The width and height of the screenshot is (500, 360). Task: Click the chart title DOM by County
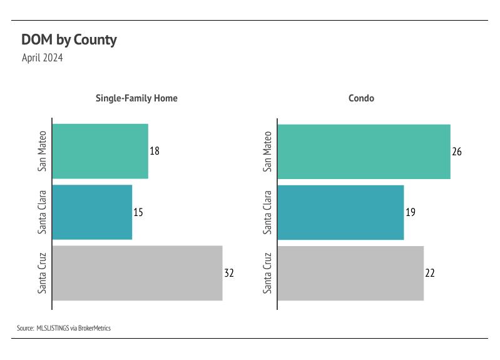pyautogui.click(x=69, y=40)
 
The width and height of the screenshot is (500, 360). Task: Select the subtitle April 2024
pyautogui.click(x=42, y=58)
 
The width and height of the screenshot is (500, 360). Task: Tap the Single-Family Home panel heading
pyautogui.click(x=136, y=98)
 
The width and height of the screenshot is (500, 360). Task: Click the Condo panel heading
pyautogui.click(x=361, y=98)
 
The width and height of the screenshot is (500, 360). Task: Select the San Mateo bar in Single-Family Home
pyautogui.click(x=100, y=151)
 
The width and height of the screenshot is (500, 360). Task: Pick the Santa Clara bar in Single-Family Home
pyautogui.click(x=92, y=212)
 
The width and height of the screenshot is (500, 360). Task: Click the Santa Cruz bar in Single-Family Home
pyautogui.click(x=137, y=273)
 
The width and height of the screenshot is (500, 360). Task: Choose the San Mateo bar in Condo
pyautogui.click(x=364, y=151)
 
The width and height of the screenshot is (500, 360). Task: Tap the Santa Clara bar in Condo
pyautogui.click(x=340, y=212)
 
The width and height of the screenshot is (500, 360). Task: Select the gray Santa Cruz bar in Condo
pyautogui.click(x=350, y=273)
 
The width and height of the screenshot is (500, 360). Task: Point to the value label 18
pyautogui.click(x=155, y=152)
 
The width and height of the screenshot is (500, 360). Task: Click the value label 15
pyautogui.click(x=138, y=212)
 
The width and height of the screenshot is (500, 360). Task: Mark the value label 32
pyautogui.click(x=229, y=273)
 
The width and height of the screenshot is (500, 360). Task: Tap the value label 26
pyautogui.click(x=457, y=152)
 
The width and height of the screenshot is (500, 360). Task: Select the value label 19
pyautogui.click(x=411, y=212)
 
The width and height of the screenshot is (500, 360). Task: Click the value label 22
pyautogui.click(x=430, y=273)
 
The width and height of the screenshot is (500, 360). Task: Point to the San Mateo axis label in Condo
pyautogui.click(x=268, y=151)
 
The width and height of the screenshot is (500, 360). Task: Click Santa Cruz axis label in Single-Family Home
pyautogui.click(x=42, y=273)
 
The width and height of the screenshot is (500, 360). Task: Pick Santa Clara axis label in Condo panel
pyautogui.click(x=268, y=212)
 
